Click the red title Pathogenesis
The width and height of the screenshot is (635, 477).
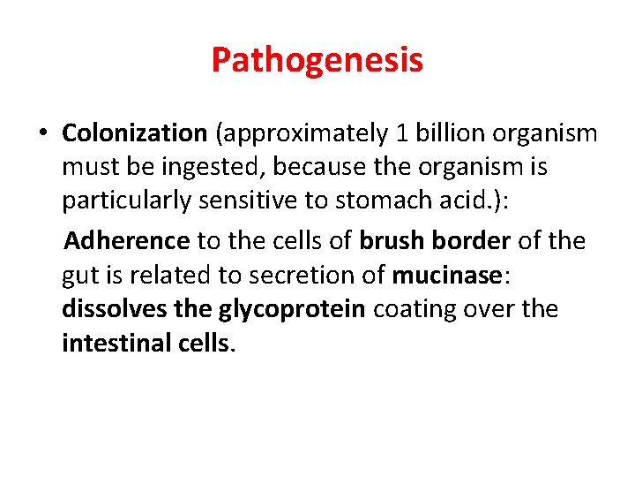click(x=317, y=60)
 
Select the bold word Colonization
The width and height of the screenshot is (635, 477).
click(x=134, y=133)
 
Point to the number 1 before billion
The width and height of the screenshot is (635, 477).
click(x=401, y=133)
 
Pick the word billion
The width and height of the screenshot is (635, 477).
click(x=446, y=133)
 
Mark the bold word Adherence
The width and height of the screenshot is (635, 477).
click(x=127, y=240)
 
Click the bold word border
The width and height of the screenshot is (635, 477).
click(x=472, y=240)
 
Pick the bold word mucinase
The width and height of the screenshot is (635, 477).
click(x=446, y=276)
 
